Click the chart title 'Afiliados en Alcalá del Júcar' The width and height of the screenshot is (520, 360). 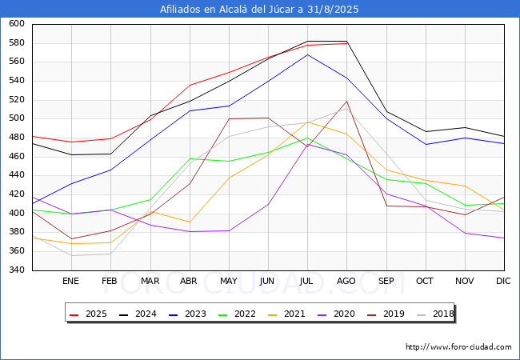click(x=259, y=10)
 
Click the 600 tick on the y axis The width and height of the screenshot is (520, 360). click(x=17, y=24)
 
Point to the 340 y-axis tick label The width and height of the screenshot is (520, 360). click(x=17, y=270)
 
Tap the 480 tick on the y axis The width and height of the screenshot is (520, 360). click(x=17, y=138)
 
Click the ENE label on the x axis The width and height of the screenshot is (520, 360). click(x=71, y=281)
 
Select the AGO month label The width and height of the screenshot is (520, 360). click(x=346, y=281)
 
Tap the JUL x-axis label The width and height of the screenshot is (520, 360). click(x=307, y=281)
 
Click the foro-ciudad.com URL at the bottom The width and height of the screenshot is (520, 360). click(x=458, y=347)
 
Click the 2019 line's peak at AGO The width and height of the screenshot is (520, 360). click(x=346, y=101)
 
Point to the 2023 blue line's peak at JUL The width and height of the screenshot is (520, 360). click(x=307, y=54)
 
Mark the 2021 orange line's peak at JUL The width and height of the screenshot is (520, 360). click(x=307, y=122)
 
